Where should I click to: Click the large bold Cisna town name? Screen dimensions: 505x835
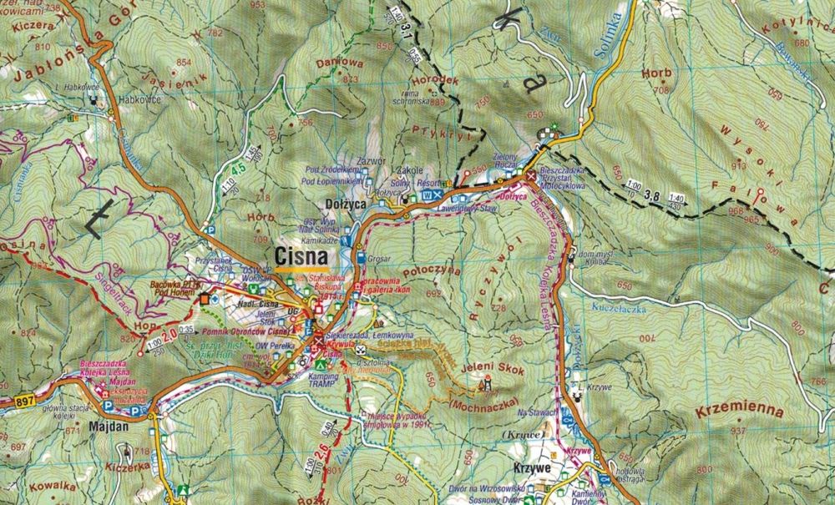306,255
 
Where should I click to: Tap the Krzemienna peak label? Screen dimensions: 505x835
741,412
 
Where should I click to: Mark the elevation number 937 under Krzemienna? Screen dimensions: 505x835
737,431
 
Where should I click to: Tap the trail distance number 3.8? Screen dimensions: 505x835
653,197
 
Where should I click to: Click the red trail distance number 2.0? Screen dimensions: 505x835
170,335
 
